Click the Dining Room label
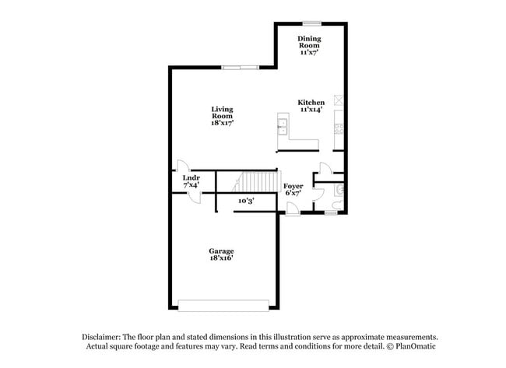pyautogui.click(x=310, y=42)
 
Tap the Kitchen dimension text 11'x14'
pyautogui.click(x=311, y=110)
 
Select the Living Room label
pyautogui.click(x=222, y=113)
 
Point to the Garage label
pyautogui.click(x=221, y=251)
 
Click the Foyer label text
pyautogui.click(x=293, y=186)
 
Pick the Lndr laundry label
pyautogui.click(x=192, y=178)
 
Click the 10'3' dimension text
pyautogui.click(x=246, y=201)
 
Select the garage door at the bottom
pyautogui.click(x=226, y=304)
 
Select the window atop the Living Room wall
pyautogui.click(x=240, y=68)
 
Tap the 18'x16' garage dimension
pyautogui.click(x=221, y=258)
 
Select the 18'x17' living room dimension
pyautogui.click(x=222, y=123)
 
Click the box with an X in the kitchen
pyautogui.click(x=339, y=99)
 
